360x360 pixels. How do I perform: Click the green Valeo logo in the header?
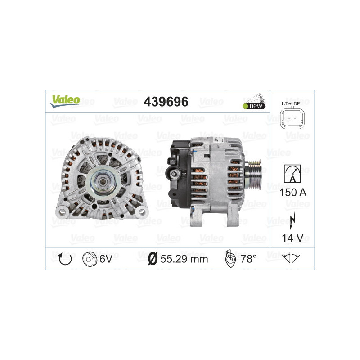(65, 101)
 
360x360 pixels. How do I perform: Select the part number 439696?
(166, 102)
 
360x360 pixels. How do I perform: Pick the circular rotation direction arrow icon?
(64, 258)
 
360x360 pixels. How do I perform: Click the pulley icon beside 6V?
(90, 259)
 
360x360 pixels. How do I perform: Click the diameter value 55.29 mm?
(184, 259)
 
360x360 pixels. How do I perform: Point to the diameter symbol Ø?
(152, 259)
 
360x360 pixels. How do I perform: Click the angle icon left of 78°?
(229, 259)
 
